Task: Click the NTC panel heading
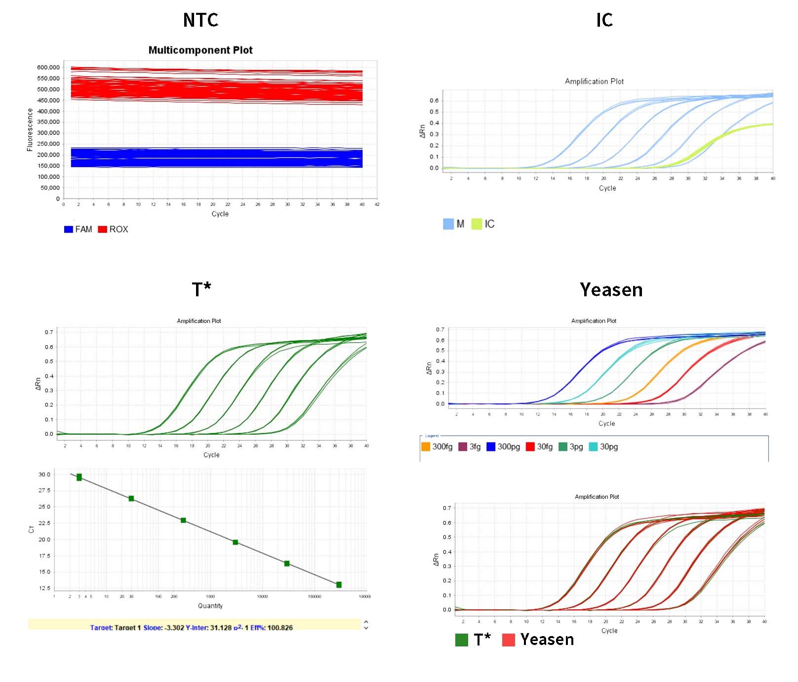[200, 20]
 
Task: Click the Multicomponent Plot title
[200, 50]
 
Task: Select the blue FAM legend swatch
[69, 229]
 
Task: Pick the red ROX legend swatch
[103, 229]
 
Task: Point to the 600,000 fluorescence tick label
[48, 67]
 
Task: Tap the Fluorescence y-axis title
[30, 130]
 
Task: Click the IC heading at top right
[604, 20]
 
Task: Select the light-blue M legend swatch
[448, 224]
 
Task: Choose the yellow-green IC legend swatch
[477, 224]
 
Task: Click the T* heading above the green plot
[201, 289]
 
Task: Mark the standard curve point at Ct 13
[339, 585]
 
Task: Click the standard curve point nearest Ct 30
[79, 477]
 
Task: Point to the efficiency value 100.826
[280, 628]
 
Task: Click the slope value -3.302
[175, 628]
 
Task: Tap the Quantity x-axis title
[210, 606]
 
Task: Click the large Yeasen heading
[611, 290]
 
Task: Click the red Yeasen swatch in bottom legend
[509, 640]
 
